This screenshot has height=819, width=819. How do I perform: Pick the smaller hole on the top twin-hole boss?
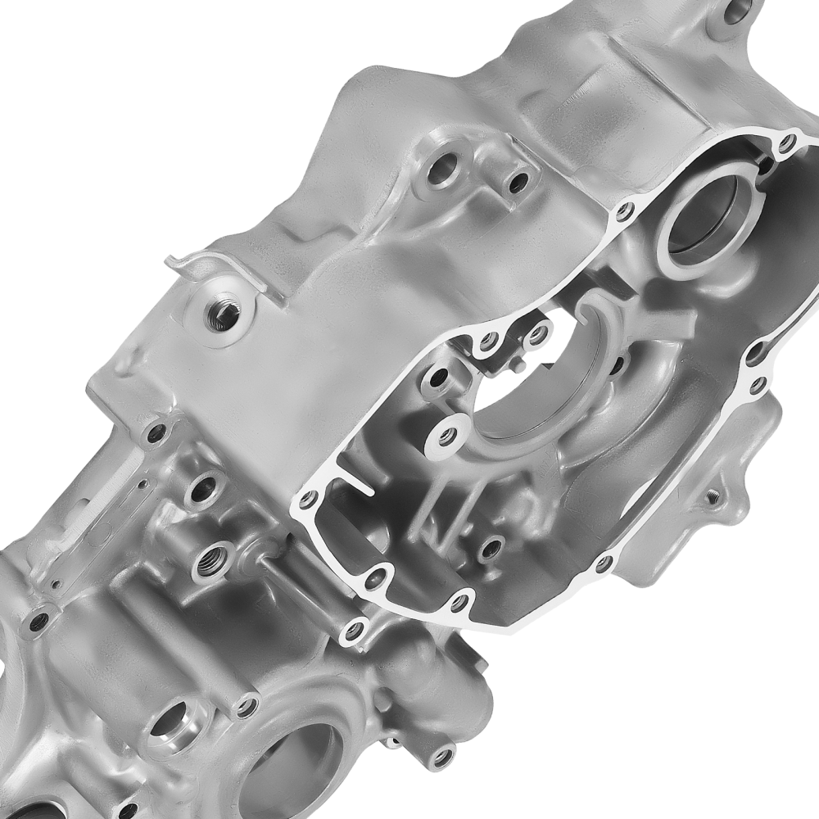point(518,182)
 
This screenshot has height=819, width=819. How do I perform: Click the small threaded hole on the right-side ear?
point(713,495)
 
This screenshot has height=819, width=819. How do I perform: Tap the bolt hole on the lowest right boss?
point(442,754)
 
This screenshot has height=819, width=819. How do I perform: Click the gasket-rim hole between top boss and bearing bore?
point(625,212)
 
